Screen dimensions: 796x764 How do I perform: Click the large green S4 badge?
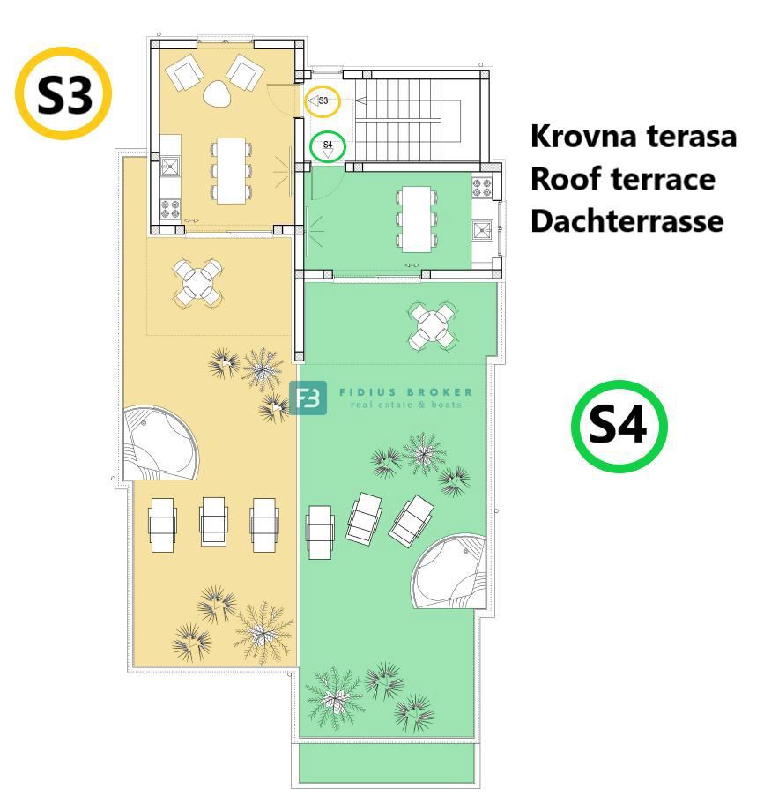(x=619, y=427)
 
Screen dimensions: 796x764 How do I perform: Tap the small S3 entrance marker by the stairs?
(x=323, y=101)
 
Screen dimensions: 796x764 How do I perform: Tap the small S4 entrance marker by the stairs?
(x=328, y=145)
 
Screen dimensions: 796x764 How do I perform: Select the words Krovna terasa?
(x=633, y=138)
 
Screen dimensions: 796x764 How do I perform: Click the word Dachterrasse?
(x=627, y=219)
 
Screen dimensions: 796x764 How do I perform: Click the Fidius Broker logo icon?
(x=308, y=398)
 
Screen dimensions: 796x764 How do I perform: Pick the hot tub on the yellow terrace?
(x=159, y=443)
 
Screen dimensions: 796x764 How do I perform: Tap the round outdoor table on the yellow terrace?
(x=197, y=282)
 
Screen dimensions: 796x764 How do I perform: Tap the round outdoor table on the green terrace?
(x=433, y=325)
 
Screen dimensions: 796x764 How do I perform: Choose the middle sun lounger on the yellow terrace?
(x=213, y=523)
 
